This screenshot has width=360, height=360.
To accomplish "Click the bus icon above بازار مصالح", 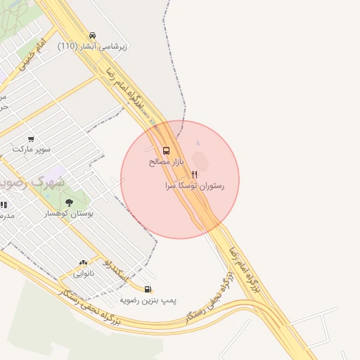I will click(x=166, y=150).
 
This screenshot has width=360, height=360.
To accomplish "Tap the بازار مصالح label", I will click(x=166, y=162).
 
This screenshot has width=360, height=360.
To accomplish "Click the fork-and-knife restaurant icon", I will click(x=195, y=174).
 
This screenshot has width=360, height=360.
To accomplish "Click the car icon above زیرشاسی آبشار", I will click(x=93, y=35).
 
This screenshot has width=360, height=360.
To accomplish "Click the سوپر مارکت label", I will click(x=31, y=150).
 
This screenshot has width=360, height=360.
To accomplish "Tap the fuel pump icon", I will click(x=147, y=288).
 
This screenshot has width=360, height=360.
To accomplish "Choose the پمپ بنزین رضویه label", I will click(x=147, y=300).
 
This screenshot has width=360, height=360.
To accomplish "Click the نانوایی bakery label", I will click(x=84, y=274).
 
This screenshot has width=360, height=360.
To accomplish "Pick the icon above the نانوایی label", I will click(x=84, y=262).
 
